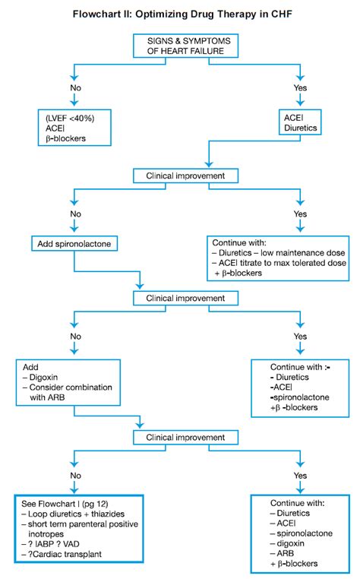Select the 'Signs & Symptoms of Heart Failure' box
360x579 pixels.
pyautogui.click(x=180, y=45)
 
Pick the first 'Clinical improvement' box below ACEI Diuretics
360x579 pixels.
pyautogui.click(x=180, y=176)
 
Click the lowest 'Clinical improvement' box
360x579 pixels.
pyautogui.click(x=180, y=438)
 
